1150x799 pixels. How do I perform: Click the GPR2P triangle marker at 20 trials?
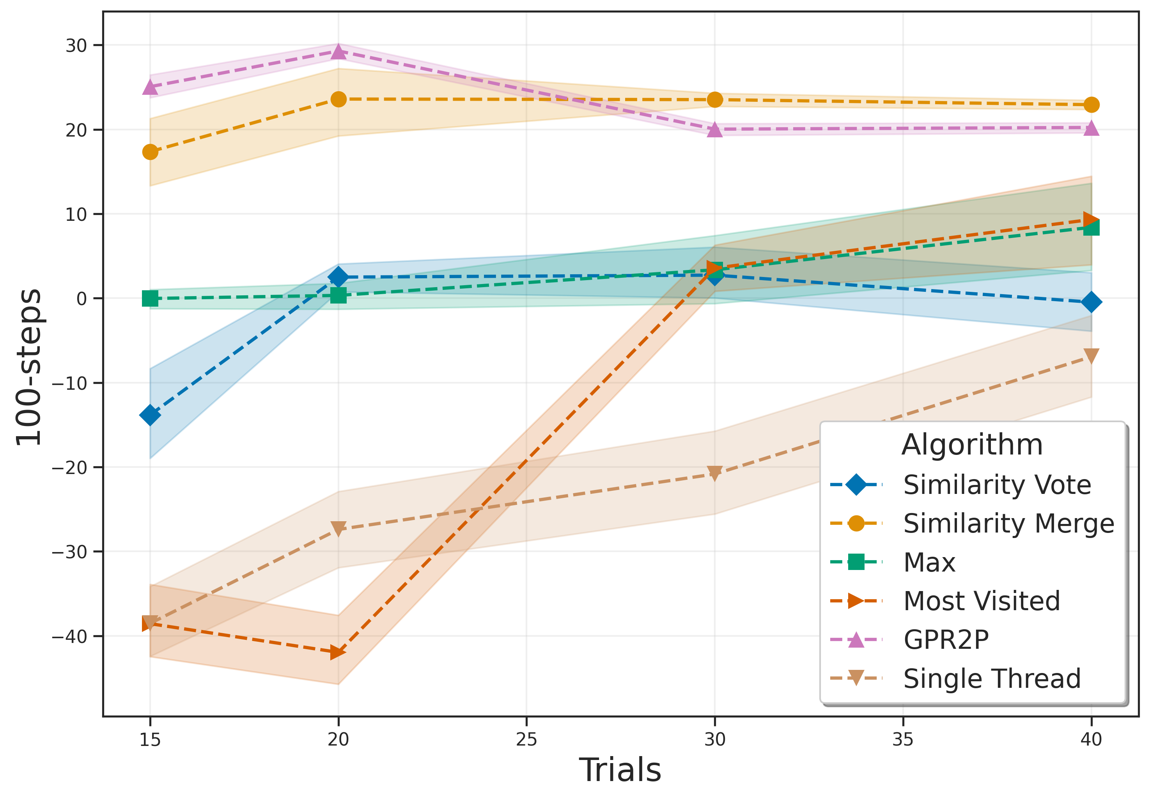[x=338, y=51]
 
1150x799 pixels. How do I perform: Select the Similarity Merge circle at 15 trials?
[x=150, y=152]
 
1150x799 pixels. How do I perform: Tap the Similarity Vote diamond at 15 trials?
[x=150, y=415]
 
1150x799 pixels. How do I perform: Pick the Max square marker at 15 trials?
[x=150, y=298]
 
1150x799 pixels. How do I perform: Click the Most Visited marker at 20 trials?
[x=338, y=653]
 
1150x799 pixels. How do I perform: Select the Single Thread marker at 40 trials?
[x=1091, y=356]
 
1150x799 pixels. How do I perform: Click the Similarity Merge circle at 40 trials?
[x=1091, y=105]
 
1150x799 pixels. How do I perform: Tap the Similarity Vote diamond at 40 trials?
[x=1091, y=302]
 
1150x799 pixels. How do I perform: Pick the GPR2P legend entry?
[x=946, y=640]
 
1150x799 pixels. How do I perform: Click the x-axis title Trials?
[x=620, y=770]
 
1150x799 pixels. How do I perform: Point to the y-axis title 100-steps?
[x=29, y=367]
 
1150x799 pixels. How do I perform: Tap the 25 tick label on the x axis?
[x=526, y=739]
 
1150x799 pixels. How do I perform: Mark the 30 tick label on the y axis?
[x=76, y=46]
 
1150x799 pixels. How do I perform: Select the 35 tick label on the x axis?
[x=903, y=739]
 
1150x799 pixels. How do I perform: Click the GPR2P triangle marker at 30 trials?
[x=715, y=130]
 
